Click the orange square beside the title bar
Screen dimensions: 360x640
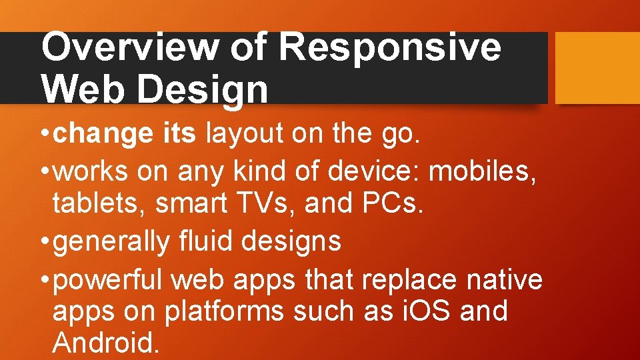597,68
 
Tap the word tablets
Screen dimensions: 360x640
99,203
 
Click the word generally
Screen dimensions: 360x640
111,241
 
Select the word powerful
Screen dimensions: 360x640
108,279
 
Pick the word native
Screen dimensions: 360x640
505,279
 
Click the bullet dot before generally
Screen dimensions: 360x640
45,241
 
